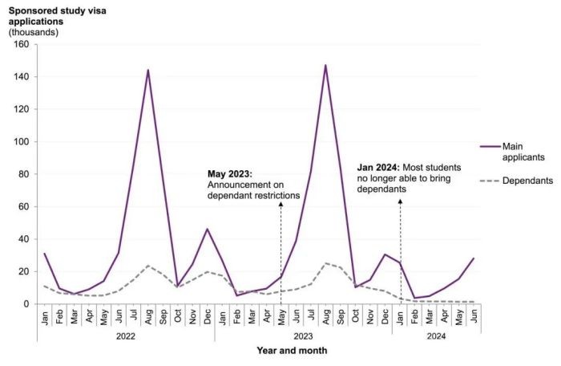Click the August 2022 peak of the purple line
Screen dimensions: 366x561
[148, 70]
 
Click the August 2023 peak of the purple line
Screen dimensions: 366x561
[325, 65]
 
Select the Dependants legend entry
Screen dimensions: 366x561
[527, 181]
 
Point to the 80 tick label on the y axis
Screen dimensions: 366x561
[25, 174]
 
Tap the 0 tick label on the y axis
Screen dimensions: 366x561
[28, 304]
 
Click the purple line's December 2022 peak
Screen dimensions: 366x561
[208, 229]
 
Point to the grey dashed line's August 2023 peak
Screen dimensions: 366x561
[325, 262]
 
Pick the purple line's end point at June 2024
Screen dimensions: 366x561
[473, 258]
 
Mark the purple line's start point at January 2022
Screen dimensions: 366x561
[45, 254]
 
